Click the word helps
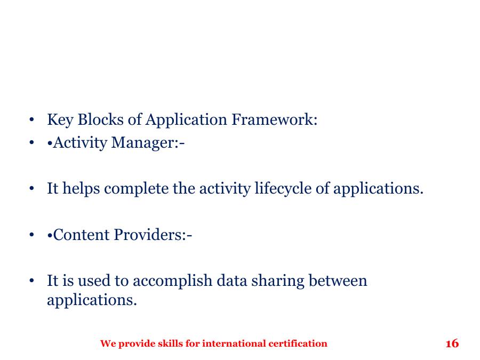tap(81, 189)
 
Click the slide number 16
tap(452, 343)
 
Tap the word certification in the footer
tap(298, 343)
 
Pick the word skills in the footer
tap(170, 343)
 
